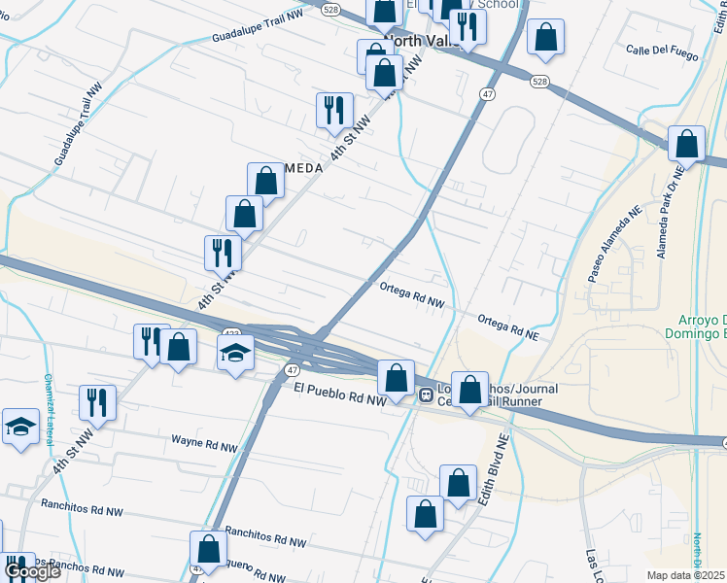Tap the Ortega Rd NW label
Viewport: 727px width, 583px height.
tap(412, 295)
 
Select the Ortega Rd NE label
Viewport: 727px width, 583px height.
tap(507, 326)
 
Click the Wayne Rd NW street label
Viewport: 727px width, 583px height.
tap(204, 447)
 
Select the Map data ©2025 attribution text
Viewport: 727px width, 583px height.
tap(686, 575)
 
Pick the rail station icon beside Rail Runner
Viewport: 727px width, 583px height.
tap(426, 395)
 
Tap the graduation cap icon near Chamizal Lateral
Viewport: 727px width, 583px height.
tap(20, 426)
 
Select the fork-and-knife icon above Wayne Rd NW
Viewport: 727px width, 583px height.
tap(97, 401)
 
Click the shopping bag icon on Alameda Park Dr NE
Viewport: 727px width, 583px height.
tap(686, 144)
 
